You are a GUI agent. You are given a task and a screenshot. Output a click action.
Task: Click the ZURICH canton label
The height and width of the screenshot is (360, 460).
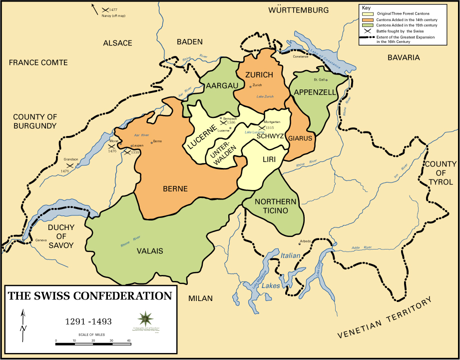click(x=259, y=75)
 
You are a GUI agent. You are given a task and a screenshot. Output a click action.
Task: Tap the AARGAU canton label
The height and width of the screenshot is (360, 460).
click(x=222, y=86)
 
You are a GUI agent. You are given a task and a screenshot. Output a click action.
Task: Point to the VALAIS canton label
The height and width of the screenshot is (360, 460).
click(x=150, y=251)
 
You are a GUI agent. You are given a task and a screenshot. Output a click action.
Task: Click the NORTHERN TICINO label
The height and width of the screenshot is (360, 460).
click(x=272, y=206)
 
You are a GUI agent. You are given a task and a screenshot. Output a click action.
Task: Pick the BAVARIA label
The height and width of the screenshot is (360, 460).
click(x=404, y=57)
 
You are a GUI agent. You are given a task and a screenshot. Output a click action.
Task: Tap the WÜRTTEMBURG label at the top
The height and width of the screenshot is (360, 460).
click(x=299, y=10)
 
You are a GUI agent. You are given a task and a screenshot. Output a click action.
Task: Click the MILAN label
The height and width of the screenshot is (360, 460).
click(x=200, y=298)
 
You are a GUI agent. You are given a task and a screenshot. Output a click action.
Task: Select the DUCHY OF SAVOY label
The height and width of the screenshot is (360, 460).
click(x=61, y=236)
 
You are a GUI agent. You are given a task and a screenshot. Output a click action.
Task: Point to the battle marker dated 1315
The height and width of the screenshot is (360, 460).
click(x=262, y=128)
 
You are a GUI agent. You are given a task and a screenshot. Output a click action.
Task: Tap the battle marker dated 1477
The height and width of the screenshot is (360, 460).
click(x=105, y=9)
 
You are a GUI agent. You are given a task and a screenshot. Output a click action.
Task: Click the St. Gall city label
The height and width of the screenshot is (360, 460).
click(x=319, y=80)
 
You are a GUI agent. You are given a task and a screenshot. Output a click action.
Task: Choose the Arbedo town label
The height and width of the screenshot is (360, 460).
click(x=305, y=241)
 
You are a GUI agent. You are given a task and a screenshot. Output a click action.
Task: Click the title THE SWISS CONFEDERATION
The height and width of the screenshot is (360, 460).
click(x=89, y=296)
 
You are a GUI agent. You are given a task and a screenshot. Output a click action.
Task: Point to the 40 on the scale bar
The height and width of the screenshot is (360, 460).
click(x=128, y=340)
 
